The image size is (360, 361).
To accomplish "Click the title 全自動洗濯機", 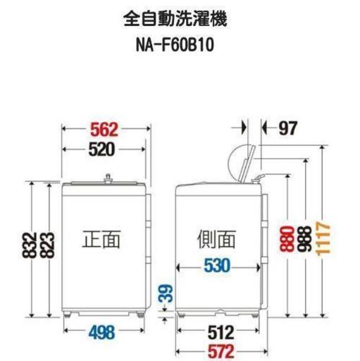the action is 175,19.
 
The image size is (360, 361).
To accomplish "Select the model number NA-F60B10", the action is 175,44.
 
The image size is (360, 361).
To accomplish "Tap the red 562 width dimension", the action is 104,130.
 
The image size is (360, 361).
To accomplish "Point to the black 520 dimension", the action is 101,149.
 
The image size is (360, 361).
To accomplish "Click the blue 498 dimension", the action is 102,332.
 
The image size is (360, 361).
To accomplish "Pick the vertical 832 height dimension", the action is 30,245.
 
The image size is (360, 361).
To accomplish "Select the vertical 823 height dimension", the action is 47,245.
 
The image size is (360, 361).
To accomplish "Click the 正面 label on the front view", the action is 101,239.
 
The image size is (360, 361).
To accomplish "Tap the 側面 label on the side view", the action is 216,239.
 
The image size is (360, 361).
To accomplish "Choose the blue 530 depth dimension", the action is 217,266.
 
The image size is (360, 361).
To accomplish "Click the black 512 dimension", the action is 221,332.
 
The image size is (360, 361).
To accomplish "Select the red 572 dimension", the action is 221,352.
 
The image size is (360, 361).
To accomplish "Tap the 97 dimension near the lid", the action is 288,128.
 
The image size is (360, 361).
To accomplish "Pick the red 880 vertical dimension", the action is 287,239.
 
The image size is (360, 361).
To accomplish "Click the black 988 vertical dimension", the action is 304,239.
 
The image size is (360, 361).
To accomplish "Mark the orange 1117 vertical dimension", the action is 323,238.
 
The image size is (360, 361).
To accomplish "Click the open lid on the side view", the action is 247,164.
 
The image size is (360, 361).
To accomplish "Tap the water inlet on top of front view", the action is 108,178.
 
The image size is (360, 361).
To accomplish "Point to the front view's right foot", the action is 140,314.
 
